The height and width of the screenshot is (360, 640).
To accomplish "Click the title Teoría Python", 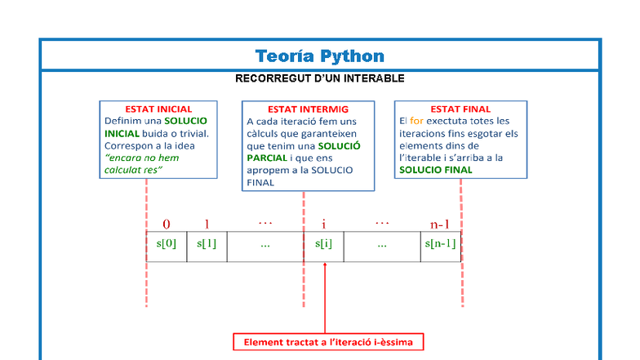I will [319, 56].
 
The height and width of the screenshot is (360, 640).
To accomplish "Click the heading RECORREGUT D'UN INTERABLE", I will [319, 78].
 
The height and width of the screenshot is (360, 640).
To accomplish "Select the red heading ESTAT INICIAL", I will [158, 109].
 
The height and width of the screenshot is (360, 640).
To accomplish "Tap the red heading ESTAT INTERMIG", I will [308, 109].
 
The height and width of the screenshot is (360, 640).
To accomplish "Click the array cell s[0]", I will [167, 243].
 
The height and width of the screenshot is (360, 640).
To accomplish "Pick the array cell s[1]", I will [207, 243].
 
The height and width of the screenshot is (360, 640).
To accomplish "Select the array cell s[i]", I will [324, 243].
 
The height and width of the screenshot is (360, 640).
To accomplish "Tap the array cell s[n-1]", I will [441, 243].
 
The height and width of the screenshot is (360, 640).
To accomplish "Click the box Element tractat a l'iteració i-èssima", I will [328, 342].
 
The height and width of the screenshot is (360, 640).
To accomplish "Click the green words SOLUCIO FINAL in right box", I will [435, 170].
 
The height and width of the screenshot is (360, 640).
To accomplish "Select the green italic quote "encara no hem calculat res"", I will [141, 163].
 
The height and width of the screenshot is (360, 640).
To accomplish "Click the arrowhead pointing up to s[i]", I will [325, 266].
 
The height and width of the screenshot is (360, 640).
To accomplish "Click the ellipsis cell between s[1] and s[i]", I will [265, 244].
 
